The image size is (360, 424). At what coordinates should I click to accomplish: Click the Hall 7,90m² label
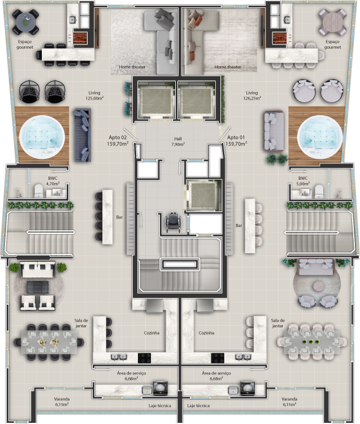pyautogui.click(x=179, y=141)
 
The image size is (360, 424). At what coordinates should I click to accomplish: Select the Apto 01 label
pyautogui.click(x=237, y=140)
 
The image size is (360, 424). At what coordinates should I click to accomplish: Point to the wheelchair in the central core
pyautogui.click(x=171, y=222)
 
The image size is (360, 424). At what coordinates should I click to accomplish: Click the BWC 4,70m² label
pyautogui.click(x=52, y=181)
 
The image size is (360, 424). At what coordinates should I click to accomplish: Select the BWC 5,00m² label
pyautogui.click(x=303, y=181)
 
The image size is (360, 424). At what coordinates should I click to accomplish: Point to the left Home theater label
pyautogui.click(x=132, y=67)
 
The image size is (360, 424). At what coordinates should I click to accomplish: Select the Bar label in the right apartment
pyautogui.click(x=238, y=226)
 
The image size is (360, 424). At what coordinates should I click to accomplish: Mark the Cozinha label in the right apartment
pyautogui.click(x=206, y=333)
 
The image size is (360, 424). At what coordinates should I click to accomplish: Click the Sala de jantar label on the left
pyautogui.click(x=81, y=323)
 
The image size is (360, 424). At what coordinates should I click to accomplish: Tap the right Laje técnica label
pyautogui.click(x=198, y=406)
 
